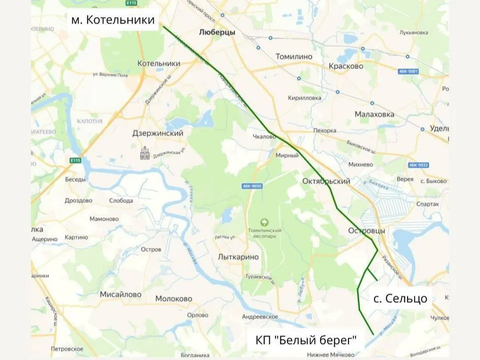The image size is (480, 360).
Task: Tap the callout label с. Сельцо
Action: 400,298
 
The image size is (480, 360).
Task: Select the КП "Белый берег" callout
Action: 306,340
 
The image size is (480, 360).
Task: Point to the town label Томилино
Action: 293,56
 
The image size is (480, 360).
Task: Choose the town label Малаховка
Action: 374,114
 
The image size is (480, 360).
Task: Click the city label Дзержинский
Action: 158,133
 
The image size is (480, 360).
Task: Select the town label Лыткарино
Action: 238,256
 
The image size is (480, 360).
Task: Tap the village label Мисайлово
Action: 120,294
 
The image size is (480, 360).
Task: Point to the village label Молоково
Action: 173,298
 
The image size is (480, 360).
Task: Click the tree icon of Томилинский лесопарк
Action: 264,221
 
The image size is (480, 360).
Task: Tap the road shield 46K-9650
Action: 251,186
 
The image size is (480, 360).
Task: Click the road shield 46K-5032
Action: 418,164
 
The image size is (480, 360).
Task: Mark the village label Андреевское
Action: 259,316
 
